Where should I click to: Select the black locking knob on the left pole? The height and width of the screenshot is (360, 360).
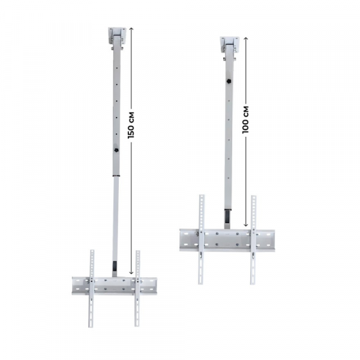pos(116,151)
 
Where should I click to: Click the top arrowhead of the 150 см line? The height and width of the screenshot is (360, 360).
pos(131,28)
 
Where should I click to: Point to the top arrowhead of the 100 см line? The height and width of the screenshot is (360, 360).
pos(246,38)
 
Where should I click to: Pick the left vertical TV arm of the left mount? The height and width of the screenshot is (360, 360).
pos(92,288)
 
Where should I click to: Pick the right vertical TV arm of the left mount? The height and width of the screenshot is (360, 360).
pos(137,288)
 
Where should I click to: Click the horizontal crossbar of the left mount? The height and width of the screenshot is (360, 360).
pos(114,286)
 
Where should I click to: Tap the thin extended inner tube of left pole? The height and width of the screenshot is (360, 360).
pos(115,216)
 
